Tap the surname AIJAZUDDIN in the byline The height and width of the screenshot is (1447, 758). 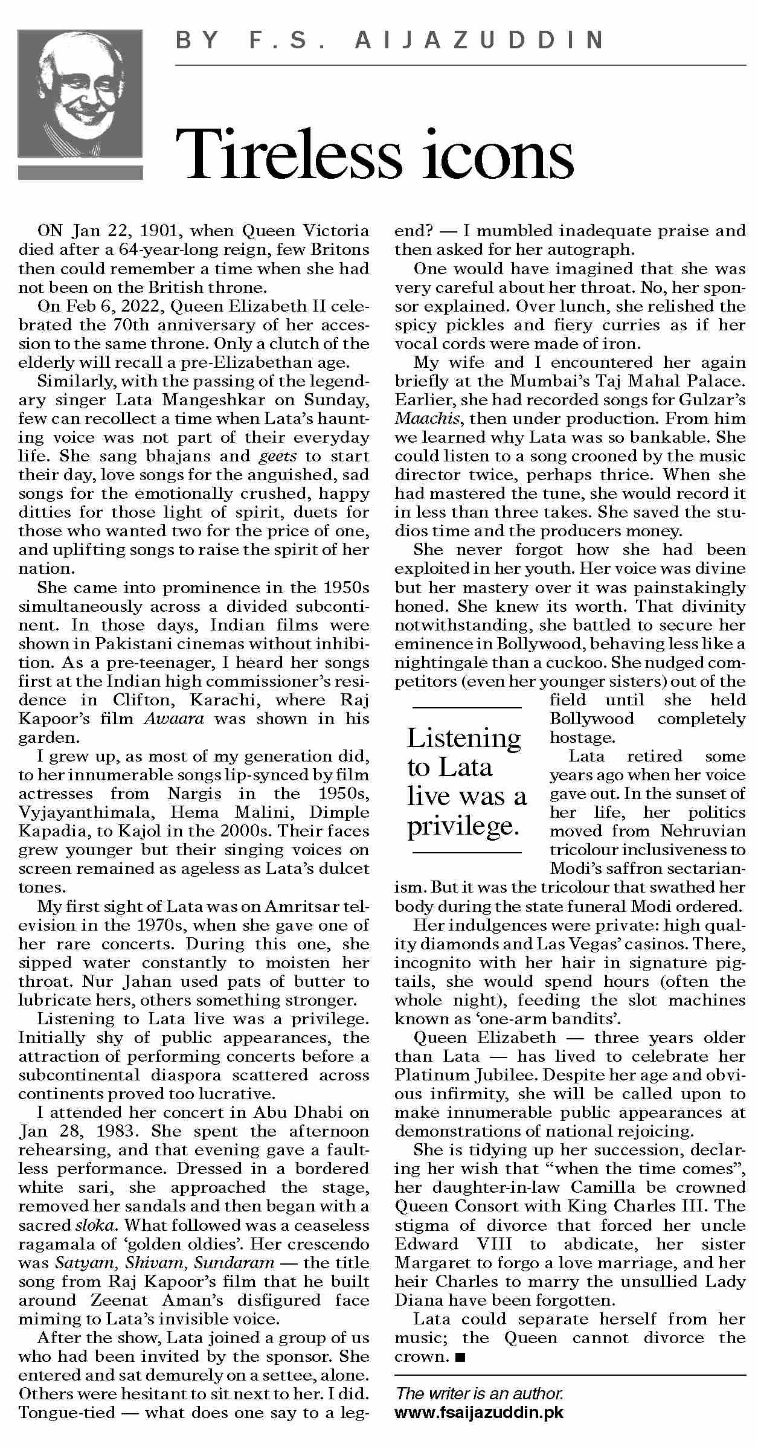pos(480,41)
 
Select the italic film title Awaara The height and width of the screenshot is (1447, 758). pos(175,719)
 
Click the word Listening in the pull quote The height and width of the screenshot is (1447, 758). pos(463,737)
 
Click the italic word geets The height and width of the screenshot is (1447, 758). pos(278,456)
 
